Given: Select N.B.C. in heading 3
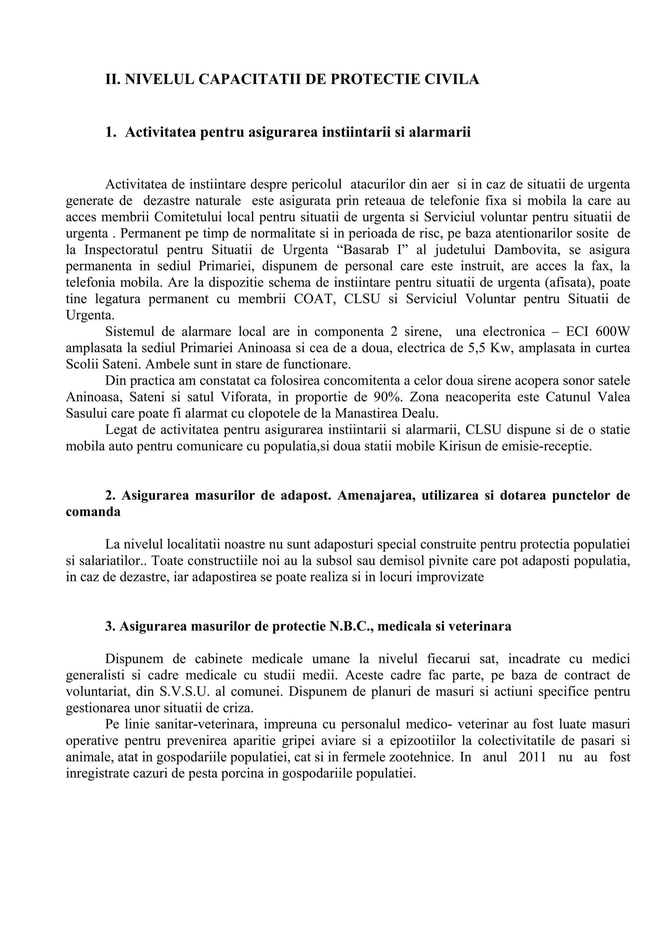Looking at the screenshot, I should (351, 626).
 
